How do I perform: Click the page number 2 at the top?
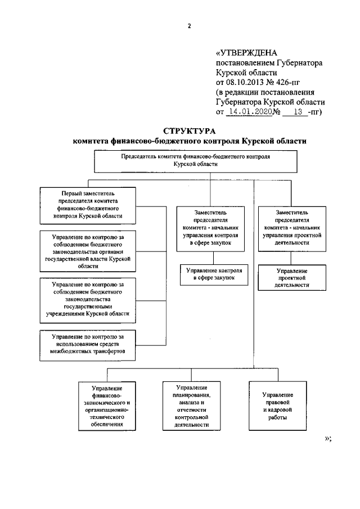(190, 25)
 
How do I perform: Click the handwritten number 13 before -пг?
(292, 111)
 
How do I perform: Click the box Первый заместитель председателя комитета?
(88, 204)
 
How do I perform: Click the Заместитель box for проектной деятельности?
(292, 228)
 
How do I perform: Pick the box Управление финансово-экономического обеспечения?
(107, 406)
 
